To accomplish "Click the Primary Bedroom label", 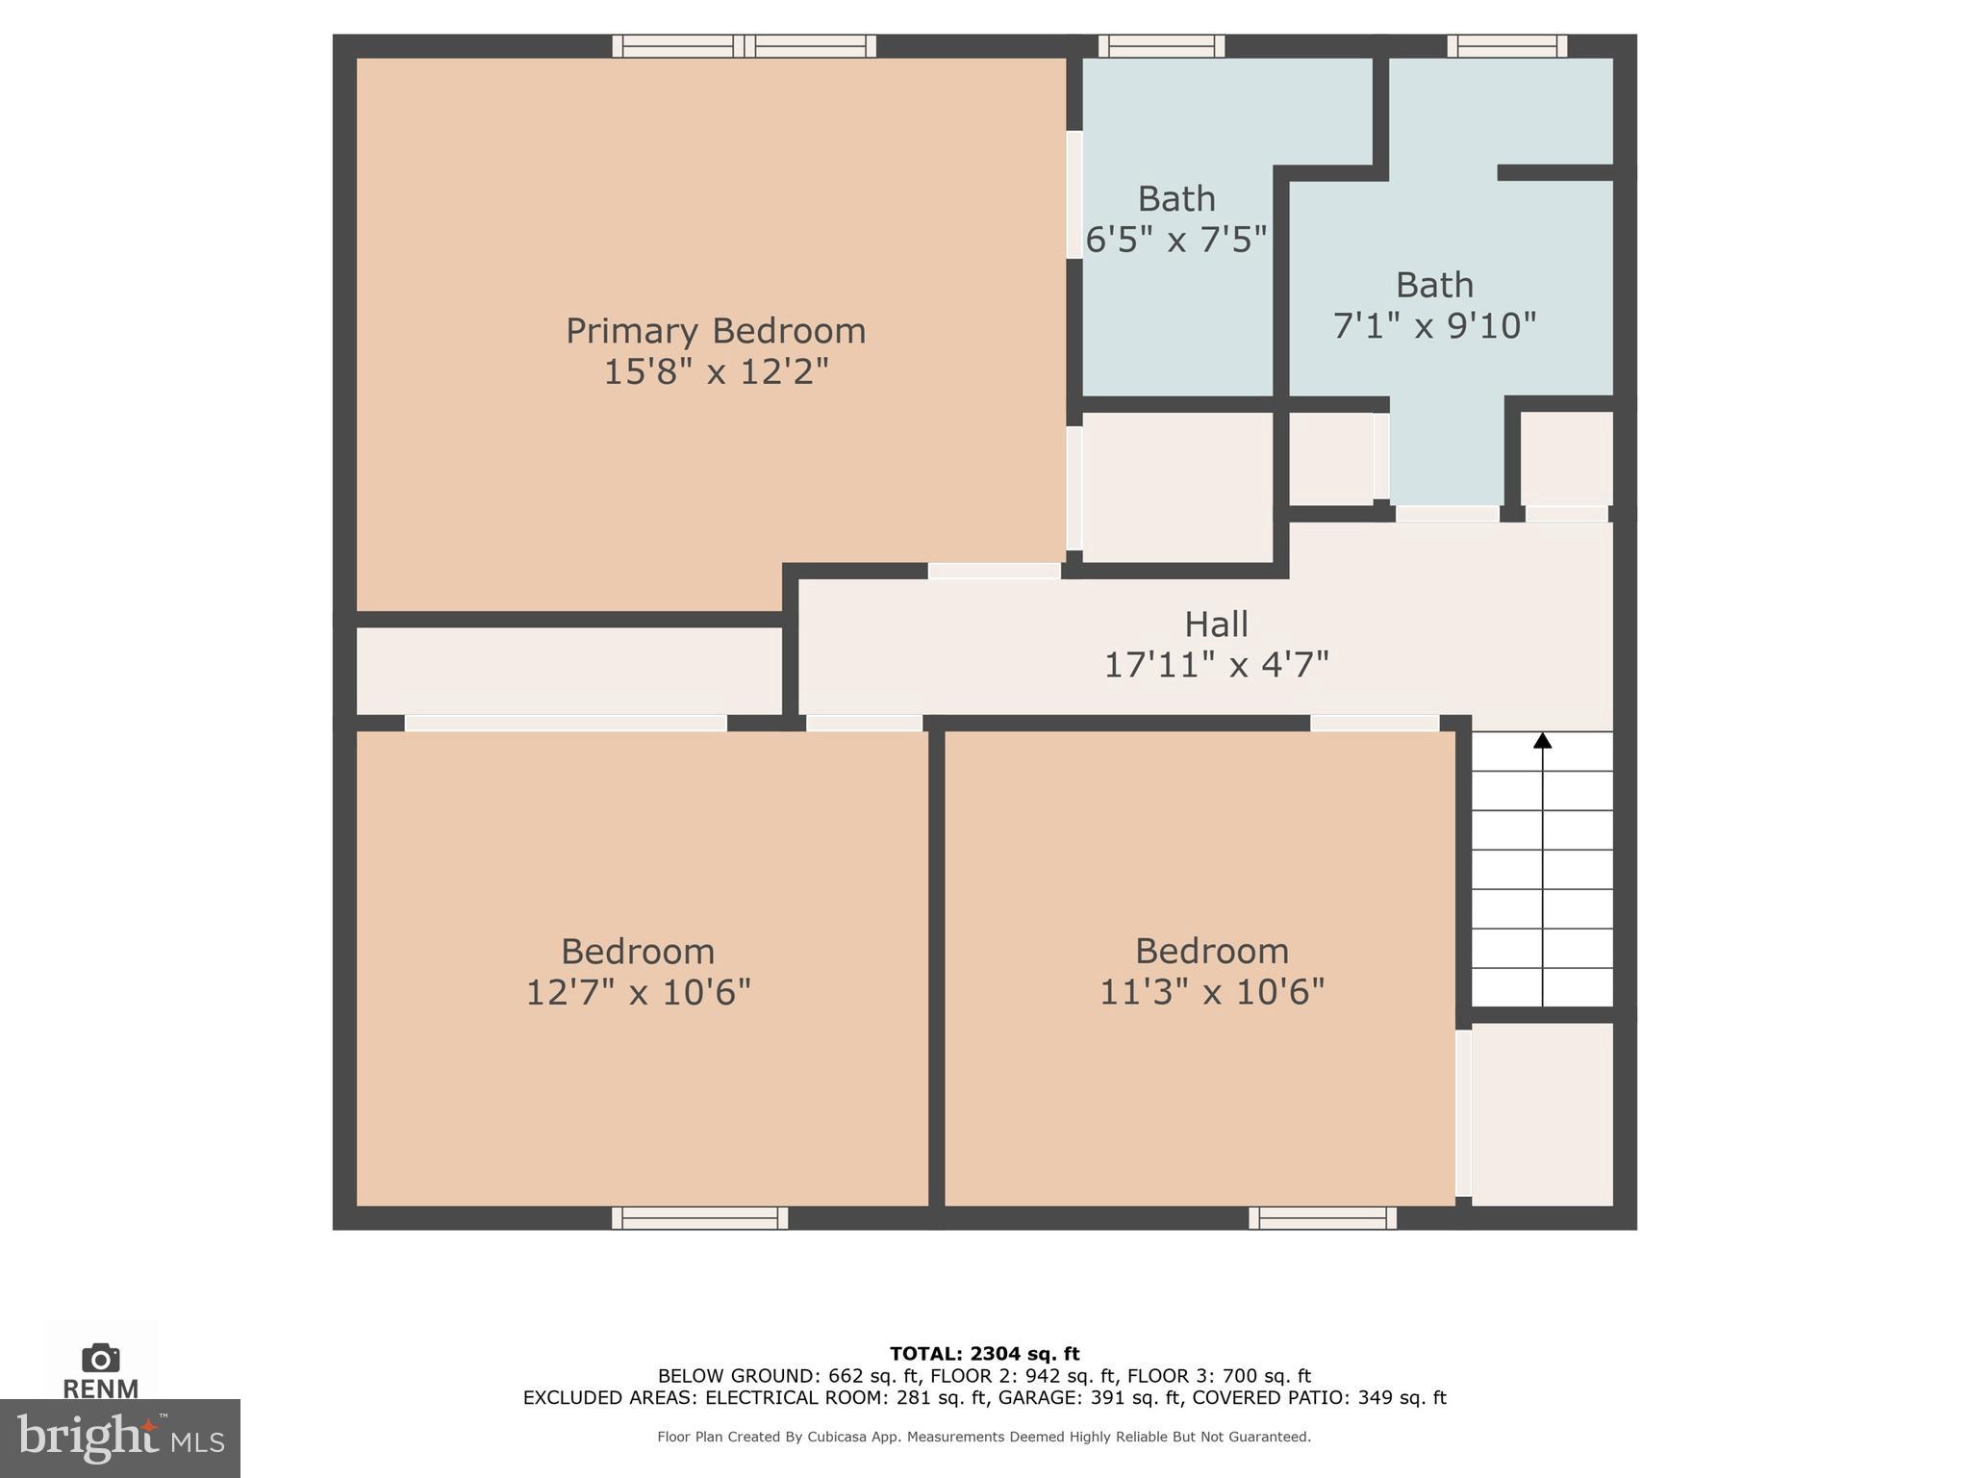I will pos(715,331).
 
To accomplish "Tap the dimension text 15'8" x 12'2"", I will pos(715,371).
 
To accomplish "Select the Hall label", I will pos(1216,624).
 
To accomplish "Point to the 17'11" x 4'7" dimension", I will pos(1216,665).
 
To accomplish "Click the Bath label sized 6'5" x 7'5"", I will pos(1176,199).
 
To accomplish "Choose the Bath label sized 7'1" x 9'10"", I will pos(1434,285).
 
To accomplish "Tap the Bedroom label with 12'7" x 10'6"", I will pos(638,952).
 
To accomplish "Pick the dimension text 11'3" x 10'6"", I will pos(1212,992).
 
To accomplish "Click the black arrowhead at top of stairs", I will pos(1543,740).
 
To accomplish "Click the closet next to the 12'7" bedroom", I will pos(568,671).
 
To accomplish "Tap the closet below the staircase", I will pos(1542,1113).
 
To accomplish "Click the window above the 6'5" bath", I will pos(1161,45).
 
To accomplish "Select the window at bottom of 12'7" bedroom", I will pos(699,1218).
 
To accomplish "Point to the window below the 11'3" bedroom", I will pos(1323,1218).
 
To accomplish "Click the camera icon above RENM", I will pos(101,1358).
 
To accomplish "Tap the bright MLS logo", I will pos(119,1438).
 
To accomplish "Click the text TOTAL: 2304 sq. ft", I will pos(984,1354).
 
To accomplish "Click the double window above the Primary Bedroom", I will pos(744,45).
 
